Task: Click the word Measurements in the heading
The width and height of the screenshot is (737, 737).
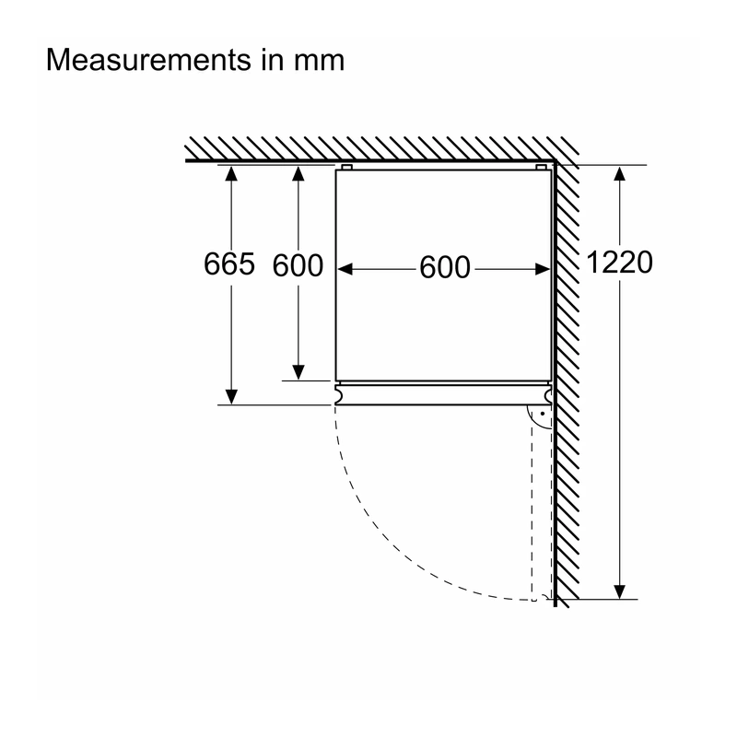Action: [x=148, y=60]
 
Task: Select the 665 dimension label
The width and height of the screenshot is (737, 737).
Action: [x=229, y=263]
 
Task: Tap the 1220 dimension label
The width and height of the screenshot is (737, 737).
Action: [x=619, y=263]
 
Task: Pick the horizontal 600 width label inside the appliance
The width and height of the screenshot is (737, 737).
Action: [x=445, y=267]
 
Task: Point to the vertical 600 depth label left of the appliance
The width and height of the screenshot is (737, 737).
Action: [x=298, y=265]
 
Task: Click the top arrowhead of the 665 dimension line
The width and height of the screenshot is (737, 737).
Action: [x=231, y=173]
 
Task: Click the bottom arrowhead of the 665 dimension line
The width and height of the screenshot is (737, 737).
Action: [x=231, y=397]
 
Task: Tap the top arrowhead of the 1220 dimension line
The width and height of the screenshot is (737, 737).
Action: [x=619, y=173]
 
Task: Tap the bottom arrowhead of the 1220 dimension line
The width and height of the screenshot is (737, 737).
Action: [x=619, y=591]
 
